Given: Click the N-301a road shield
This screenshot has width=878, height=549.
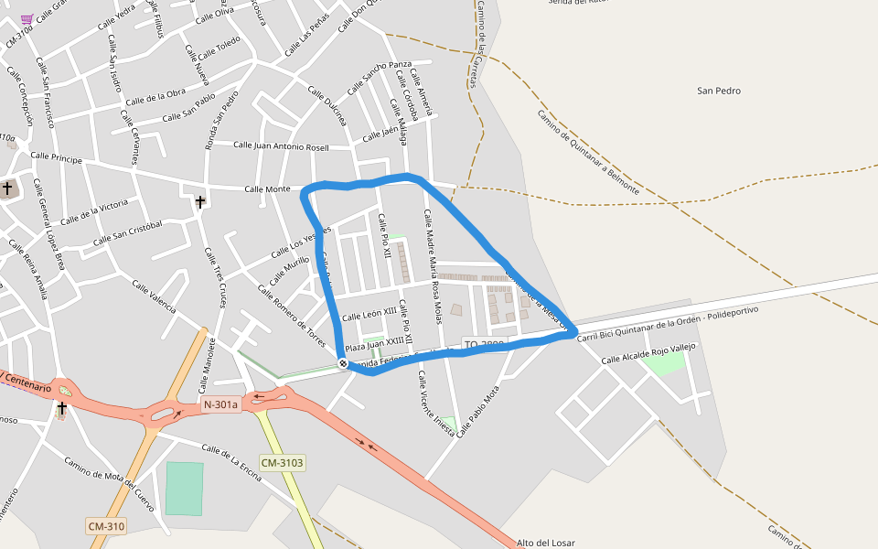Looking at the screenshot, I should tap(219, 404).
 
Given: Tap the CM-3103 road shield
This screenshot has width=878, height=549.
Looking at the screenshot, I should tap(282, 463).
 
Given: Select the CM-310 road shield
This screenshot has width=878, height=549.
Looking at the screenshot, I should tap(107, 526).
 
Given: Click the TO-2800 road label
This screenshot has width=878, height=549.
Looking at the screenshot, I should tap(484, 345).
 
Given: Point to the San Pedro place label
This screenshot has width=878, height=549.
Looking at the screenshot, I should tap(718, 91).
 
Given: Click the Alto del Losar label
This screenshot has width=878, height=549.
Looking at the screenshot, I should tap(546, 543).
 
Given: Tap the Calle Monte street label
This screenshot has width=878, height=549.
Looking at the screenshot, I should tap(267, 189).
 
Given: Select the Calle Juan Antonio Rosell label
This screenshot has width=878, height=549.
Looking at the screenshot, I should tap(281, 145).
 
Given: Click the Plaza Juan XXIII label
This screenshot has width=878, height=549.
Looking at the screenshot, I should tap(374, 345).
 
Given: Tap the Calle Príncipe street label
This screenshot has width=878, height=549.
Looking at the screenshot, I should tap(56, 157).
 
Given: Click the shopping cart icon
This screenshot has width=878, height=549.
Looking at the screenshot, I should tap(27, 18).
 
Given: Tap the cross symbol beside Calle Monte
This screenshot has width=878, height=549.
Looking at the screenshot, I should tap(200, 201).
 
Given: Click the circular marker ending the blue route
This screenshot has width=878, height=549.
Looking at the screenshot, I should tap(343, 363).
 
